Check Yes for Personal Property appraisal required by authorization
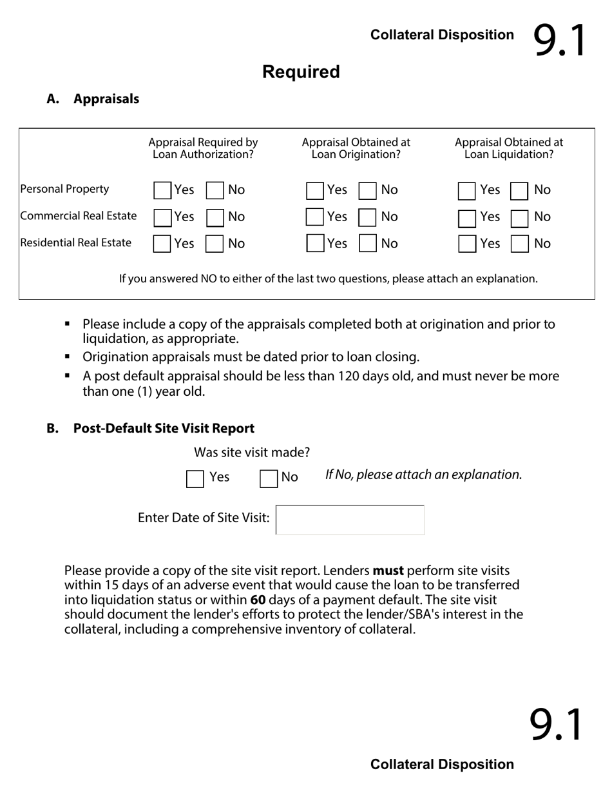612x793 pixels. coord(162,190)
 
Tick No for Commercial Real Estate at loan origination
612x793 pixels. coord(367,217)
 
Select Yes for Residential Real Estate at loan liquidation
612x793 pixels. coord(467,244)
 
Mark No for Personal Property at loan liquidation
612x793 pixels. coord(519,190)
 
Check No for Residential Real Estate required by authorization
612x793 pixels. coord(215,244)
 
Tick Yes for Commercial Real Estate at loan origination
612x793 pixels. coord(314,217)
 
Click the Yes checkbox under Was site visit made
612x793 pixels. coord(195,478)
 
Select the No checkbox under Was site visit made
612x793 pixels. coord(268,478)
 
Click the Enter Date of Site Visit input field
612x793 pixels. coord(350,520)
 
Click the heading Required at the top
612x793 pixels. coord(301,72)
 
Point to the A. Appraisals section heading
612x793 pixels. coord(93,99)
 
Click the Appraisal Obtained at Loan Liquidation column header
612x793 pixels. coord(508,148)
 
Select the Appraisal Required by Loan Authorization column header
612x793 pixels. coord(203,148)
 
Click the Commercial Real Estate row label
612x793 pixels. coord(79,216)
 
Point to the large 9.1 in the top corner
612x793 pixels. coord(559,40)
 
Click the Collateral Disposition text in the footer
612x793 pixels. coord(442,765)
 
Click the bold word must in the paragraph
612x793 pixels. coord(388,571)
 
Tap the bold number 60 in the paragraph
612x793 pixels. coord(258,600)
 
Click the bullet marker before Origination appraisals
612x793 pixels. coord(68,357)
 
